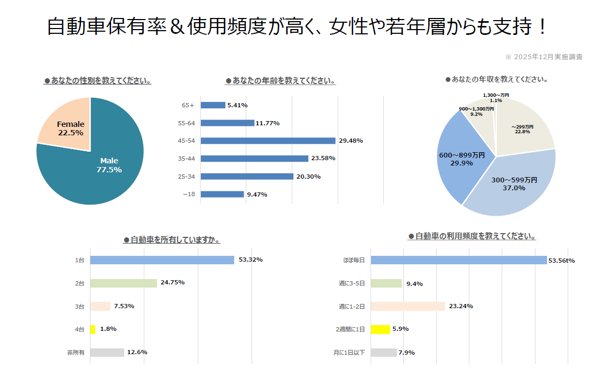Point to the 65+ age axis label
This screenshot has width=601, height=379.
pyautogui.click(x=188, y=105)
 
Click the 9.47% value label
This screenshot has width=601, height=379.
pyautogui.click(x=257, y=195)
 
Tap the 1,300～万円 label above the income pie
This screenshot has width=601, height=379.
pyautogui.click(x=496, y=95)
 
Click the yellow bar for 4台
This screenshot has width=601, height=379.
pyautogui.click(x=93, y=329)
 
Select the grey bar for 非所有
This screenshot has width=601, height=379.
pyautogui.click(x=107, y=353)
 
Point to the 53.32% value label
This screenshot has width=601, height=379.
pyautogui.click(x=251, y=260)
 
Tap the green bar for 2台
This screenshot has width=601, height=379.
pyautogui.click(x=124, y=283)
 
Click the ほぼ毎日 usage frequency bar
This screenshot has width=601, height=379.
pyautogui.click(x=459, y=260)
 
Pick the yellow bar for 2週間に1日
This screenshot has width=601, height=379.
pyautogui.click(x=381, y=329)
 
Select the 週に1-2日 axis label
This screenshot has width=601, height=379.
pyautogui.click(x=352, y=307)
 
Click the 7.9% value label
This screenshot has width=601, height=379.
pyautogui.click(x=406, y=353)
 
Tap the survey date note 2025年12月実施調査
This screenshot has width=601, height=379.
pyautogui.click(x=544, y=57)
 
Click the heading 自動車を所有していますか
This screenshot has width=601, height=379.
pyautogui.click(x=172, y=240)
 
